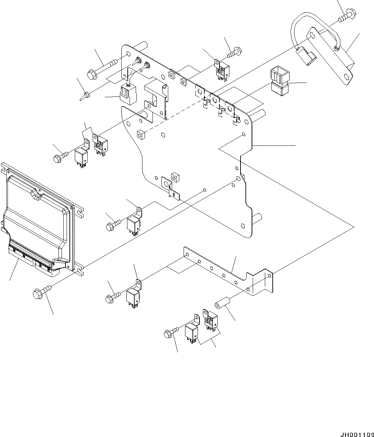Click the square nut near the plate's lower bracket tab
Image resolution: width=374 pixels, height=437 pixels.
click(x=175, y=176)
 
